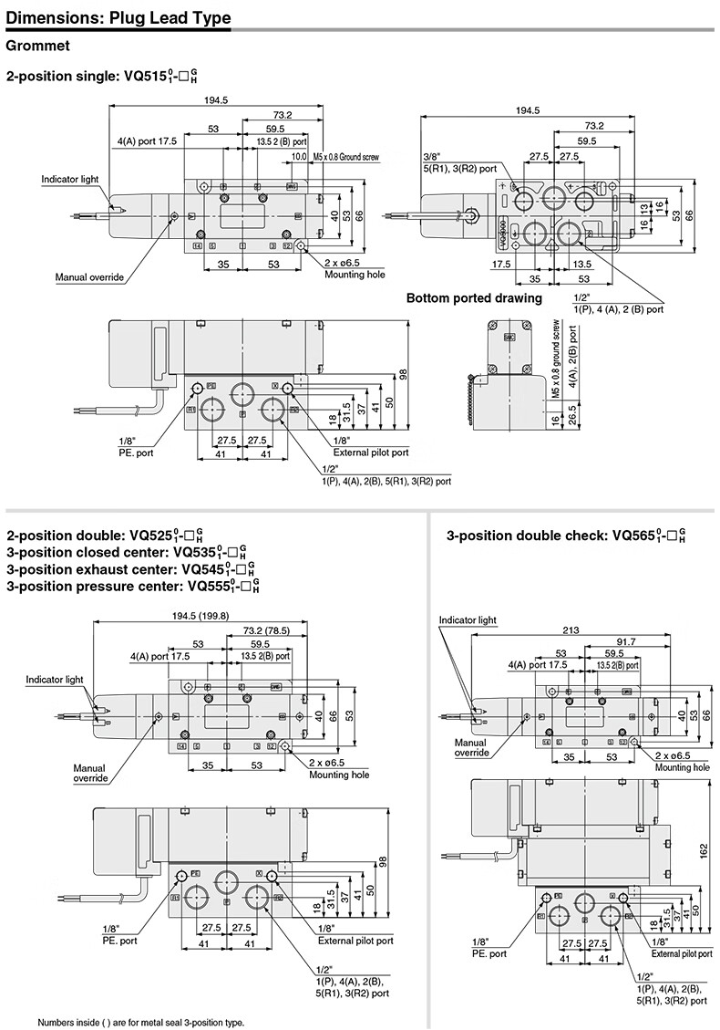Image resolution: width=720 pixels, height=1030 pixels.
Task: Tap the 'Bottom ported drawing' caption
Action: pos(474,297)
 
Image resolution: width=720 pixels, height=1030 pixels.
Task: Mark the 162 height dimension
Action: pos(704,848)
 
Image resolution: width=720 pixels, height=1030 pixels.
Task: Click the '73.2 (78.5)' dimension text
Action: pos(267,629)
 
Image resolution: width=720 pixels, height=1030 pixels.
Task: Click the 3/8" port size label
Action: pos(432,156)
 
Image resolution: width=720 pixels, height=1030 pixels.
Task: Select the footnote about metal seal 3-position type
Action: pos(141,1022)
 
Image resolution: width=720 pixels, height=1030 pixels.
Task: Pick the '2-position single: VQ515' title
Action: pos(114,77)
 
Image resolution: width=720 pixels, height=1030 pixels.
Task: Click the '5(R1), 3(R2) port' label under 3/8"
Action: pos(459,168)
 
